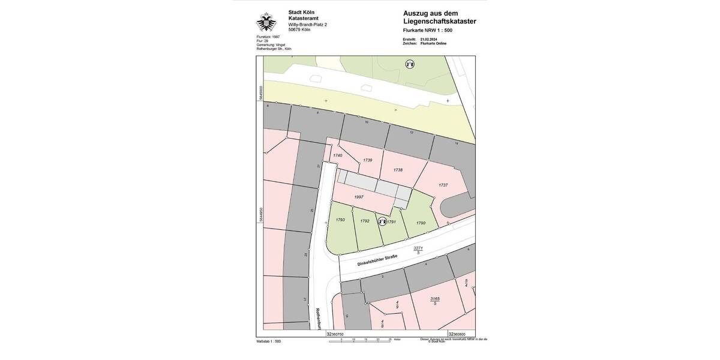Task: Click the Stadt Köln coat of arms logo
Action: click(266, 22)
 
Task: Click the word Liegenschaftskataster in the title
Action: click(440, 21)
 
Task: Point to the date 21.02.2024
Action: click(429, 40)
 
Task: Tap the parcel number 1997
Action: click(359, 197)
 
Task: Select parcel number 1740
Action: click(337, 155)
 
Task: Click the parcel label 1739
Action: click(368, 160)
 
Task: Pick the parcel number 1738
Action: click(398, 170)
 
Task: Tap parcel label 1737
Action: click(443, 185)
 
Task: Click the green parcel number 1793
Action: click(340, 220)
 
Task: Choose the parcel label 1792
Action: click(365, 221)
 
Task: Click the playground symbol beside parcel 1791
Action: click(382, 221)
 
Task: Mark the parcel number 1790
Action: click(421, 223)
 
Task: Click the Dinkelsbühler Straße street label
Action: click(377, 260)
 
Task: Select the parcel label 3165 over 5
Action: click(435, 301)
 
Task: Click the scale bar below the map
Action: click(365, 340)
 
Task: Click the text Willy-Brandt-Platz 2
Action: click(308, 25)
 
